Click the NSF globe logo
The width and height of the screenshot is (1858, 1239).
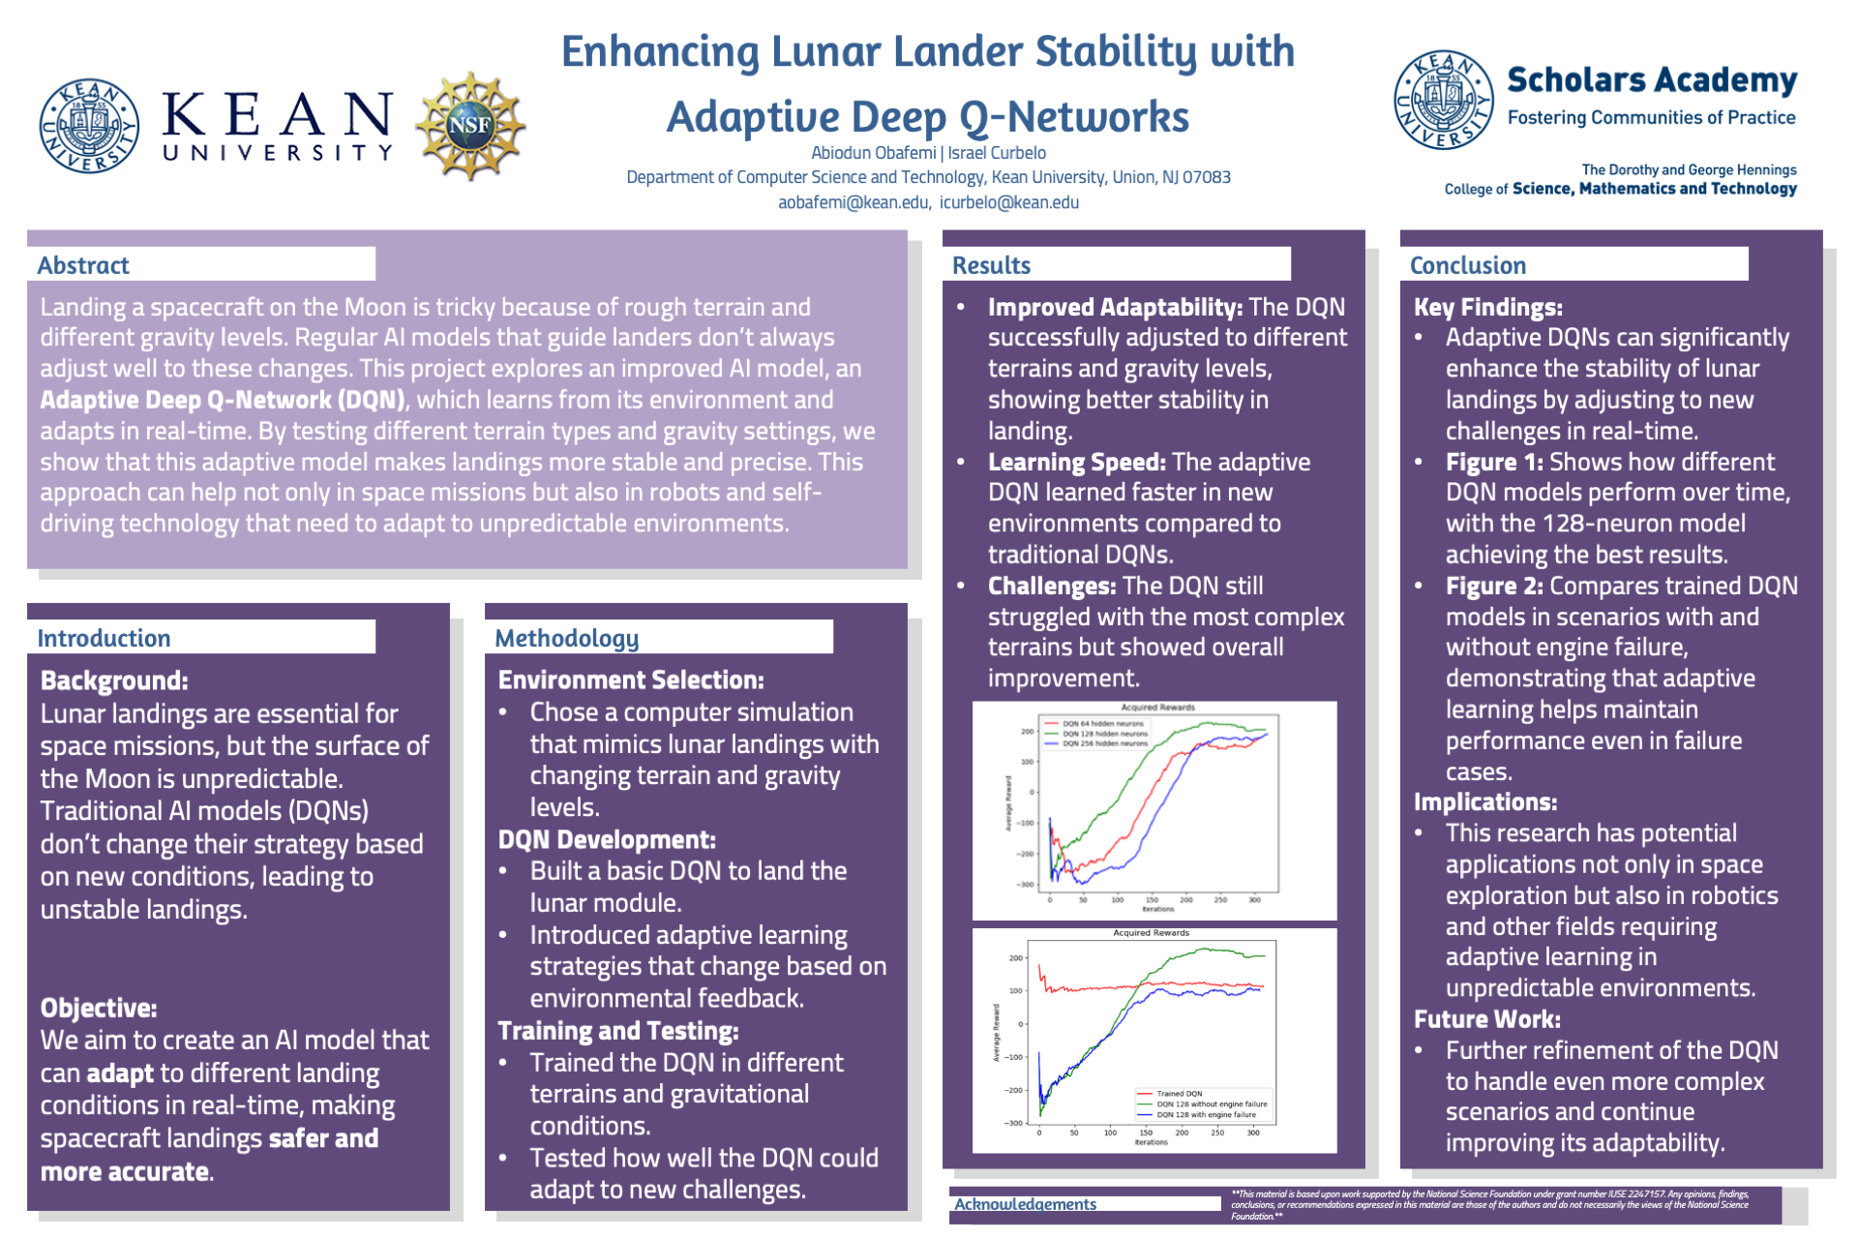[x=470, y=126]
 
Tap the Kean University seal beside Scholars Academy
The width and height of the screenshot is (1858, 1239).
[x=1443, y=100]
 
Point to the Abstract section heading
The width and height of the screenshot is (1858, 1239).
[x=83, y=265]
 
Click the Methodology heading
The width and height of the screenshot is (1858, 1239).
[x=567, y=638]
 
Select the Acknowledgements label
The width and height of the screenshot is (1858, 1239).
[x=1025, y=1204]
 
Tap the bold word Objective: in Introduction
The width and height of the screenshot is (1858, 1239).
[x=99, y=1008]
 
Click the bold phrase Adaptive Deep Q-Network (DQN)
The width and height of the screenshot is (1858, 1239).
[x=223, y=400]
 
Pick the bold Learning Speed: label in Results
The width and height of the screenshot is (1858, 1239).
[x=1076, y=462]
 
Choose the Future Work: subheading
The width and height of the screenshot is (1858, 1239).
[x=1486, y=1019]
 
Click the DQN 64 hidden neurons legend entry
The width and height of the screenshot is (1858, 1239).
[x=1102, y=723]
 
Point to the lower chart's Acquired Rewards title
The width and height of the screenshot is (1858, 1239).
[x=1151, y=933]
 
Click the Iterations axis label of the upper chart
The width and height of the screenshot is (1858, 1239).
[x=1157, y=909]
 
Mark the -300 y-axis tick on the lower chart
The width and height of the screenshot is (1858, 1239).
[x=1013, y=1123]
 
